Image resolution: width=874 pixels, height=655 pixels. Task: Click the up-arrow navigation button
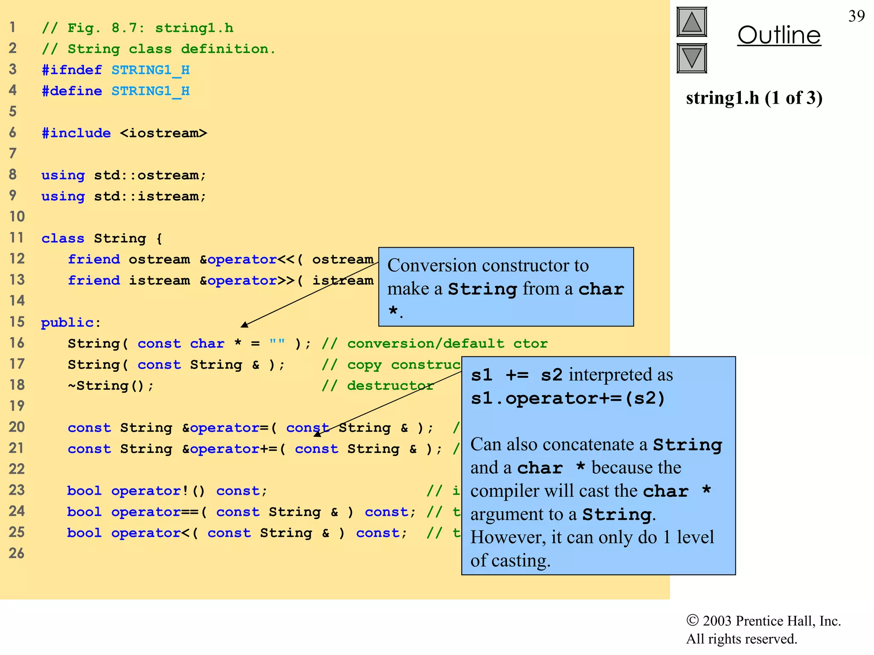(x=691, y=22)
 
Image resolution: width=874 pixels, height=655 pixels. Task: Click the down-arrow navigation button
(x=691, y=58)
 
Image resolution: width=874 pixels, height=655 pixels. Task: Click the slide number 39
(x=856, y=16)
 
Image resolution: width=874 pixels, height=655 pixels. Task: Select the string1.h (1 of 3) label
(x=754, y=98)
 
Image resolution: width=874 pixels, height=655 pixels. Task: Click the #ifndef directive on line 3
(x=72, y=70)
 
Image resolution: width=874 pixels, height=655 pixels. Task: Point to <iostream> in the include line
(x=163, y=133)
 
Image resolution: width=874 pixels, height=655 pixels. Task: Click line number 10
(x=17, y=217)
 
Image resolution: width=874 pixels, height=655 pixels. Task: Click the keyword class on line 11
(x=63, y=238)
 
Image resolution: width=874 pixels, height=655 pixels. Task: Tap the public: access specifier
(x=71, y=322)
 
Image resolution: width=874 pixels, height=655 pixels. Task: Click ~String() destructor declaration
(x=111, y=385)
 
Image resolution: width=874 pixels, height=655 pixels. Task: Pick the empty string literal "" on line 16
(x=277, y=343)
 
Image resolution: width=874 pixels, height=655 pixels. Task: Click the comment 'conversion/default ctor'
(x=447, y=343)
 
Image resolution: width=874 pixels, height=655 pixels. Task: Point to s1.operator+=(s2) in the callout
(x=568, y=398)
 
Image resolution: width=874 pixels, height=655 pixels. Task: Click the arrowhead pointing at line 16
(x=245, y=325)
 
